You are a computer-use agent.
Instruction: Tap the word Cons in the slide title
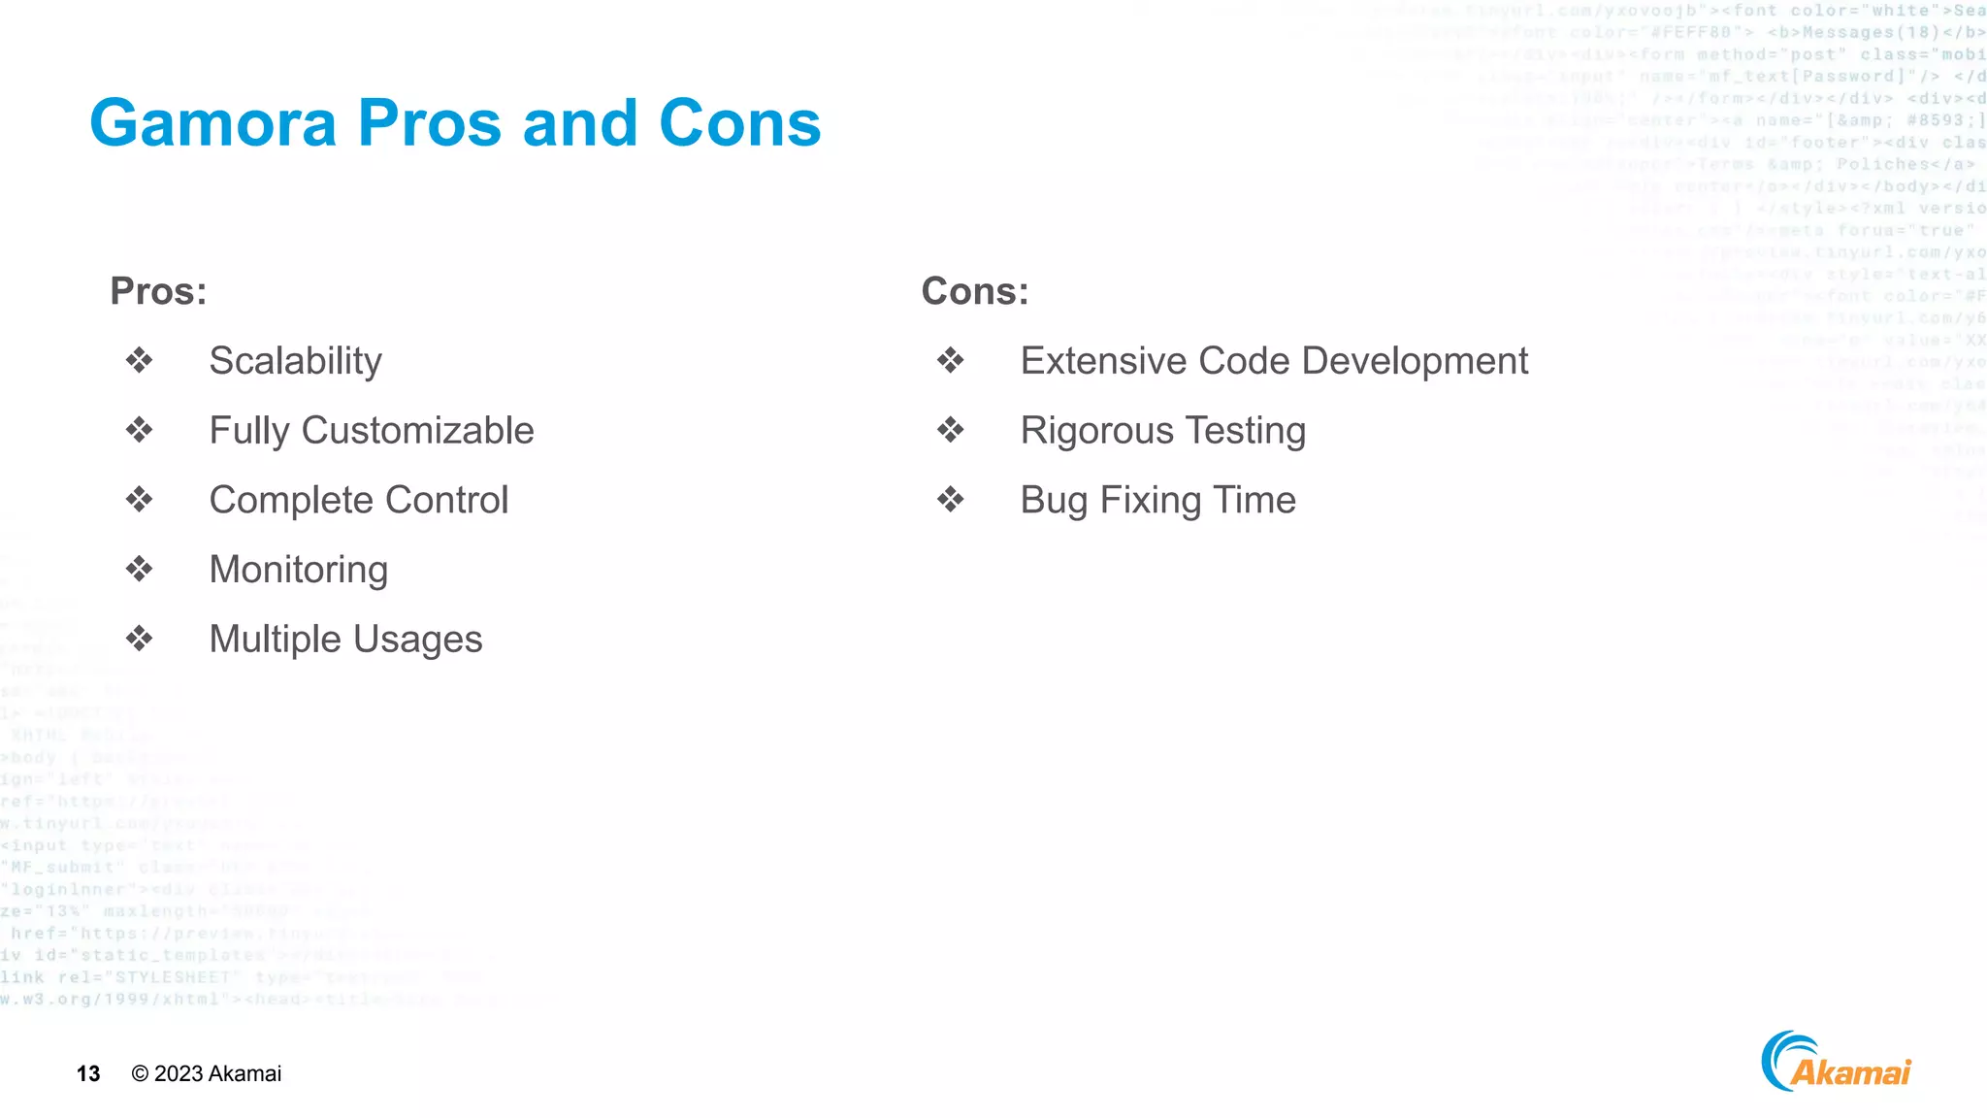[739, 124]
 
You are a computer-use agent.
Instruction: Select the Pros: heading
[158, 291]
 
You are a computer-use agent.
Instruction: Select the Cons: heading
[974, 291]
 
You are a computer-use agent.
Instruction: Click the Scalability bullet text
[295, 361]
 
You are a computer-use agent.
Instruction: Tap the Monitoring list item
[298, 570]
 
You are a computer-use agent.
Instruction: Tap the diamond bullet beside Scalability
[140, 361]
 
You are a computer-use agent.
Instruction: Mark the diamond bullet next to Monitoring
[140, 570]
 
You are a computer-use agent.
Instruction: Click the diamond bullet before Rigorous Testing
[951, 430]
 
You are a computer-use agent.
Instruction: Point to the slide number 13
[88, 1073]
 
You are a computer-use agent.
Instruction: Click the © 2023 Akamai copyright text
[206, 1073]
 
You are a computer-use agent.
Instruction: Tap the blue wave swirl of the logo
[1781, 1058]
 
